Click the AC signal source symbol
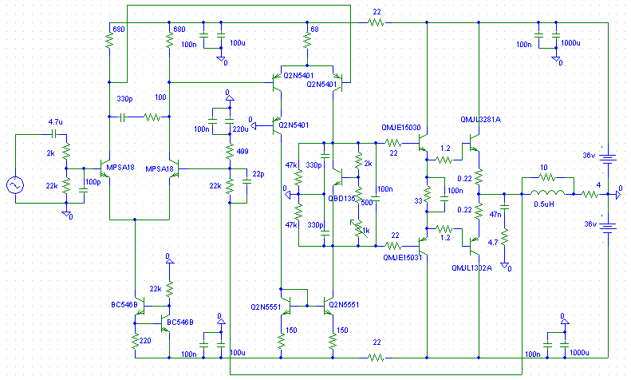tap(15, 185)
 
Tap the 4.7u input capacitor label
tap(55, 121)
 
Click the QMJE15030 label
tap(401, 126)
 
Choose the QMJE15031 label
tap(401, 258)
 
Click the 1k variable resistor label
tap(365, 231)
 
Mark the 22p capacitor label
tap(257, 174)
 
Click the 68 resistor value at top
tap(315, 30)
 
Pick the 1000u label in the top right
tap(570, 42)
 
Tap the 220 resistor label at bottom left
tap(144, 341)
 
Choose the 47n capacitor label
tap(494, 216)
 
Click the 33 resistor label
tap(417, 201)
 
